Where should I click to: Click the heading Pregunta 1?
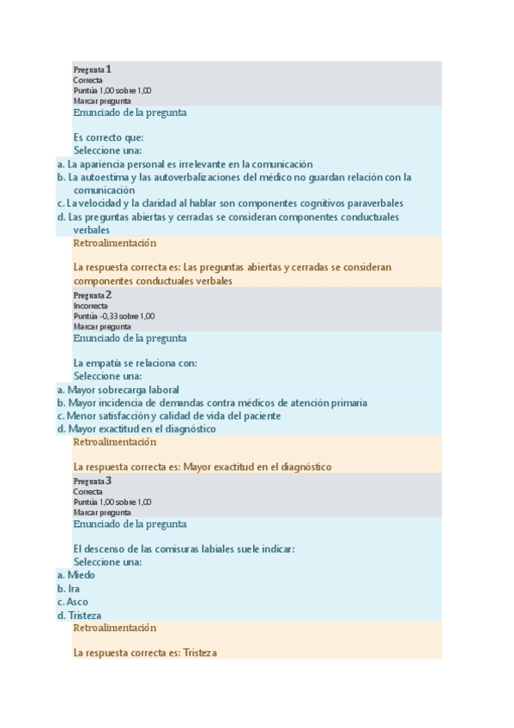(93, 69)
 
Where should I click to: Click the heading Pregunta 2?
(93, 294)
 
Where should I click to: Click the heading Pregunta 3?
(93, 481)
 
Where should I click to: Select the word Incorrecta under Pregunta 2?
(91, 306)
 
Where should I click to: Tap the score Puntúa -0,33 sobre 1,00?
(114, 316)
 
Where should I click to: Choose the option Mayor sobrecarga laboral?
(117, 389)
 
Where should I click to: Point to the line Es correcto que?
(108, 137)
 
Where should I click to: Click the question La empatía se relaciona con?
(135, 363)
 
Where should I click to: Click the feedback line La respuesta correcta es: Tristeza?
(145, 652)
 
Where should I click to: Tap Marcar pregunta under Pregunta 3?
(102, 513)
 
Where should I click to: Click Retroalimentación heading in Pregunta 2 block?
(115, 442)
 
